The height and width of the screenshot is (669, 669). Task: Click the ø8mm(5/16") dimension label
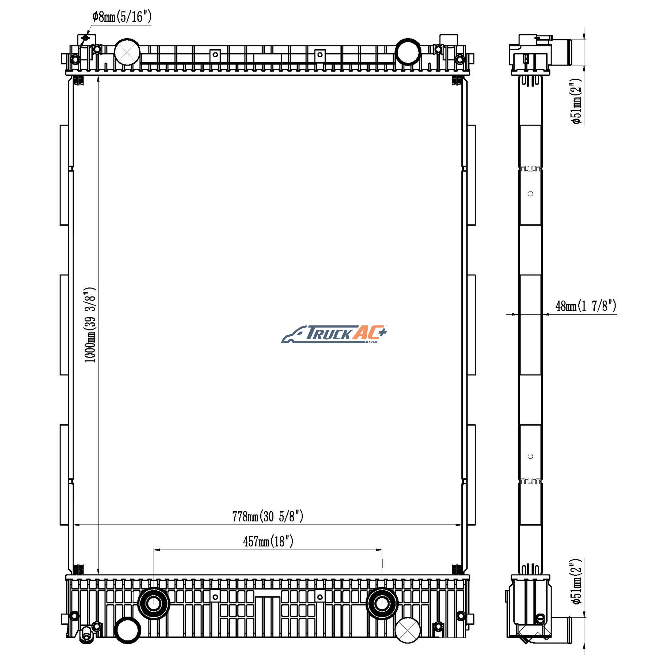point(122,16)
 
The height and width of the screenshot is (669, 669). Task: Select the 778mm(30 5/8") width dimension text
point(268,516)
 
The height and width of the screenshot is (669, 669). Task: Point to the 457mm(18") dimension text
point(268,541)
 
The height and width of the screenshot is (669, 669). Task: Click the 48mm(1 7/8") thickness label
point(586,306)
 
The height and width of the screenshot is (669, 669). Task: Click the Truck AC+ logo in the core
point(334,334)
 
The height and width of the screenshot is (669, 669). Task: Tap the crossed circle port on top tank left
point(127,52)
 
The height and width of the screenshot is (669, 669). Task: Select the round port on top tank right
point(408,52)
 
